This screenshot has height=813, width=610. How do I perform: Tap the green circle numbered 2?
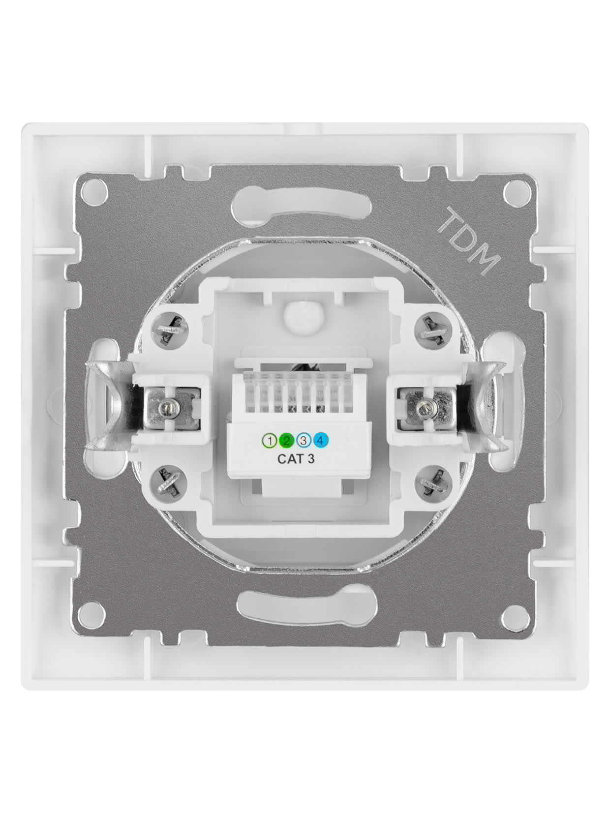pyautogui.click(x=287, y=441)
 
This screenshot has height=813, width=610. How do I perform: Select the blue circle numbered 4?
pyautogui.click(x=321, y=441)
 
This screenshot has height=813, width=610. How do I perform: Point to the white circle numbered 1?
pyautogui.click(x=270, y=441)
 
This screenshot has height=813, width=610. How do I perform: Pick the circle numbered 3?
pyautogui.click(x=304, y=441)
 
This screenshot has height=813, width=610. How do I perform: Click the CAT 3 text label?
pyautogui.click(x=296, y=459)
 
